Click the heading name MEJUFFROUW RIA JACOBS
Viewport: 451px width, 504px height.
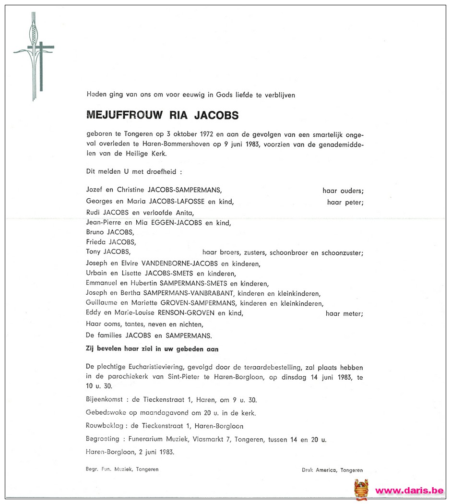(x=162, y=115)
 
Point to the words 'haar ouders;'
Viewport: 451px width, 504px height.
(x=343, y=191)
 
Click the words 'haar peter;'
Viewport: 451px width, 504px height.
(x=345, y=203)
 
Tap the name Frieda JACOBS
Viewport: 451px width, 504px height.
(x=110, y=242)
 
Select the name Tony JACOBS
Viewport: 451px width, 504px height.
(x=108, y=252)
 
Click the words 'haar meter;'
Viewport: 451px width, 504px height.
(x=344, y=314)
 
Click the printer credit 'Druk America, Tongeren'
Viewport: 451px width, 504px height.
(x=332, y=470)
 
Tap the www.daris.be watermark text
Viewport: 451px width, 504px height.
(x=409, y=491)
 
